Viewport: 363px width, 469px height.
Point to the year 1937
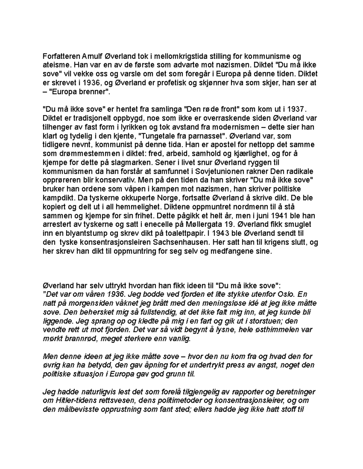[x=293, y=109]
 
